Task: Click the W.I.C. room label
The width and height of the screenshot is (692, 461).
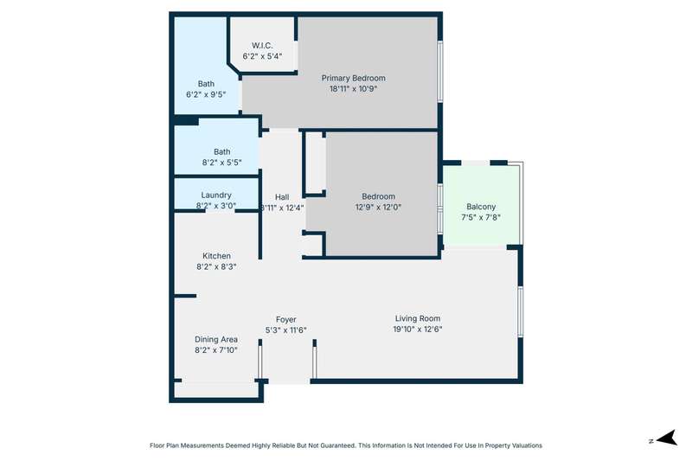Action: (262, 46)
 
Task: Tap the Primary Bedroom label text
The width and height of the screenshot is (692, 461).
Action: (353, 78)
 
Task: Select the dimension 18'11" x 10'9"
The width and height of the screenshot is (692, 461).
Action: (353, 89)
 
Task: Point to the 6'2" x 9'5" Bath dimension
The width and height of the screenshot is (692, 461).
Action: (206, 94)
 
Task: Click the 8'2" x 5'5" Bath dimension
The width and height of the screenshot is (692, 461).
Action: (222, 163)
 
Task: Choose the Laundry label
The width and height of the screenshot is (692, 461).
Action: (216, 195)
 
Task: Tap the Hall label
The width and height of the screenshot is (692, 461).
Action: (282, 197)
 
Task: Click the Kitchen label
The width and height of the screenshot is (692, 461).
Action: (216, 256)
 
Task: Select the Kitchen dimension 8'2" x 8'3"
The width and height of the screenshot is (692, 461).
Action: (216, 267)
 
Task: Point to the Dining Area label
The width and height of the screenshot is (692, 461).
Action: (216, 339)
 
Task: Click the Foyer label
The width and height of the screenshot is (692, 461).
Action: (286, 319)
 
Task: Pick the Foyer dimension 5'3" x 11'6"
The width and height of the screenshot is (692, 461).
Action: (286, 330)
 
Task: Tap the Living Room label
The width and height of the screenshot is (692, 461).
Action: (418, 318)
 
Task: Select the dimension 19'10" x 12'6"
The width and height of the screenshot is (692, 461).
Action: (418, 329)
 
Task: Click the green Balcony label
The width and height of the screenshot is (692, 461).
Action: (481, 207)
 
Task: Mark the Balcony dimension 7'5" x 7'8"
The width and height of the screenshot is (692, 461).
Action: (481, 217)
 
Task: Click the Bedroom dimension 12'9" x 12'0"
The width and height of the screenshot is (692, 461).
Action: (378, 207)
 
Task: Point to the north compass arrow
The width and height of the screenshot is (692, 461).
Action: (667, 438)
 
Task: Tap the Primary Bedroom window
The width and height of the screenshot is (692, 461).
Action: (440, 72)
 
